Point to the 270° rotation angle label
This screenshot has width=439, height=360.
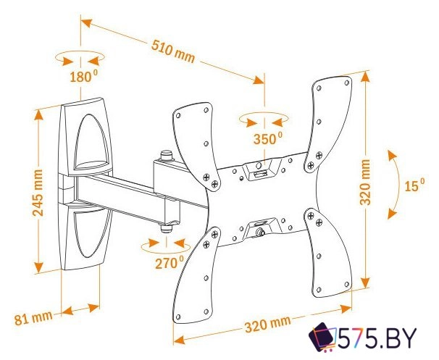click(169, 264)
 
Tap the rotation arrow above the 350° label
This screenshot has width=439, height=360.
click(265, 119)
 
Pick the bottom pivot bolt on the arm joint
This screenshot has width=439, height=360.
click(167, 226)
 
